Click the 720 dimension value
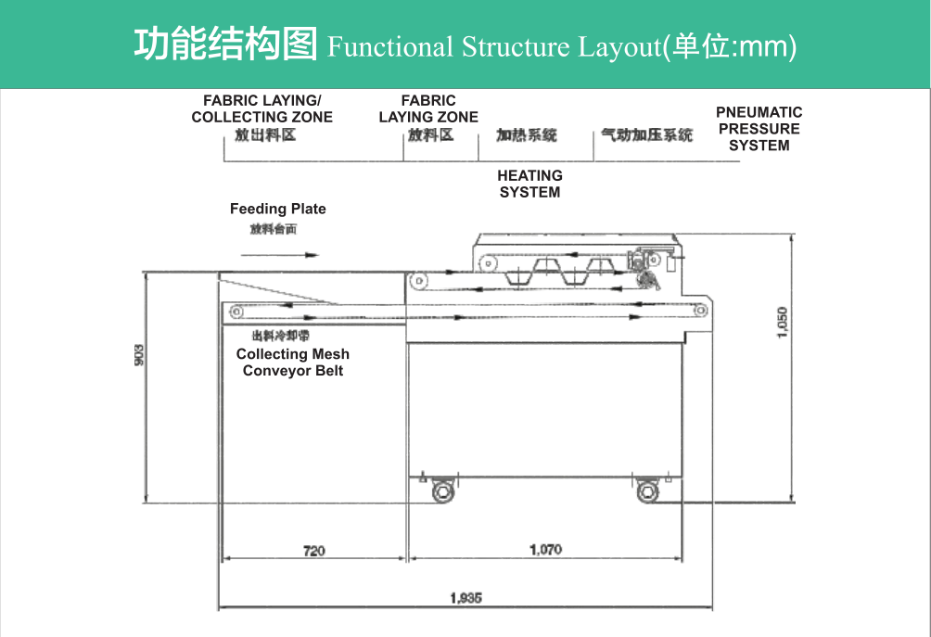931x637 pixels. click(314, 551)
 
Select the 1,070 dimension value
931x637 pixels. click(545, 549)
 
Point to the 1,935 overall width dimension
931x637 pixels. click(465, 598)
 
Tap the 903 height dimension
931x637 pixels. click(139, 354)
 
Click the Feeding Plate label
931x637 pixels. click(278, 210)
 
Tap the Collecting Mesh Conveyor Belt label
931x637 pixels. click(293, 363)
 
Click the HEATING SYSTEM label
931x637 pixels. click(529, 184)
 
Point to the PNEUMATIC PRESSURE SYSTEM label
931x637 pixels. click(759, 129)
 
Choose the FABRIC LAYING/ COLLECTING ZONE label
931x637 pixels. click(261, 108)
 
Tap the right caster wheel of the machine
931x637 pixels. click(648, 491)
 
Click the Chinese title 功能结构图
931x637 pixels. click(225, 45)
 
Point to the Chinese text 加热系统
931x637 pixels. click(527, 135)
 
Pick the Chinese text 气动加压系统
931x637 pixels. click(646, 135)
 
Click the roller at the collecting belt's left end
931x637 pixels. click(236, 311)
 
